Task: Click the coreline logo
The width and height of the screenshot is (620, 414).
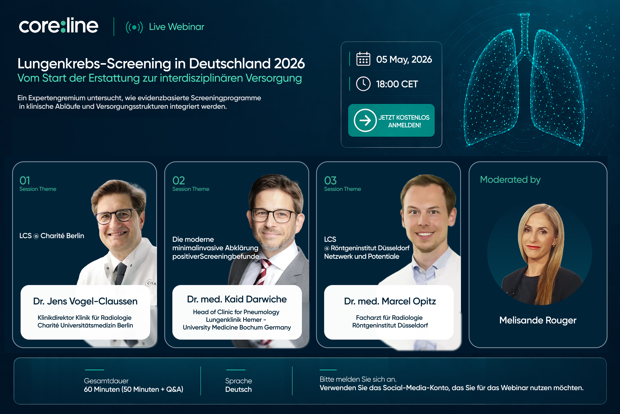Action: click(59, 26)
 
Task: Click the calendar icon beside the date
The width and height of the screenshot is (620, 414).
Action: click(363, 59)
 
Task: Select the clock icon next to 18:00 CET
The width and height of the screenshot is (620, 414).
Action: click(363, 84)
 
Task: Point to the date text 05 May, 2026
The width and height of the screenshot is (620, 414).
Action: click(404, 59)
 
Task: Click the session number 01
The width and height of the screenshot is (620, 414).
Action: click(25, 181)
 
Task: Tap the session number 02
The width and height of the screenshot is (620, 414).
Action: click(178, 181)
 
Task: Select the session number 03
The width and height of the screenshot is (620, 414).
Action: click(330, 181)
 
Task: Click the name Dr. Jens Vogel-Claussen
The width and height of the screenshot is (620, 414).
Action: click(85, 301)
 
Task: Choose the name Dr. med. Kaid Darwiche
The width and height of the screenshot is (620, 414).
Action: click(237, 299)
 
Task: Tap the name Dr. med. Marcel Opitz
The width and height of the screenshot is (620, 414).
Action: click(390, 301)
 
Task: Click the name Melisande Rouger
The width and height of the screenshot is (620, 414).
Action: click(538, 320)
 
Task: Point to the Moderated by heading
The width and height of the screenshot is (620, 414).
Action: click(510, 180)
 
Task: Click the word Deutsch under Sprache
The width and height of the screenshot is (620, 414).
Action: click(238, 390)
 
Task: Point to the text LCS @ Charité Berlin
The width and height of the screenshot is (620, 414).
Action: click(52, 236)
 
